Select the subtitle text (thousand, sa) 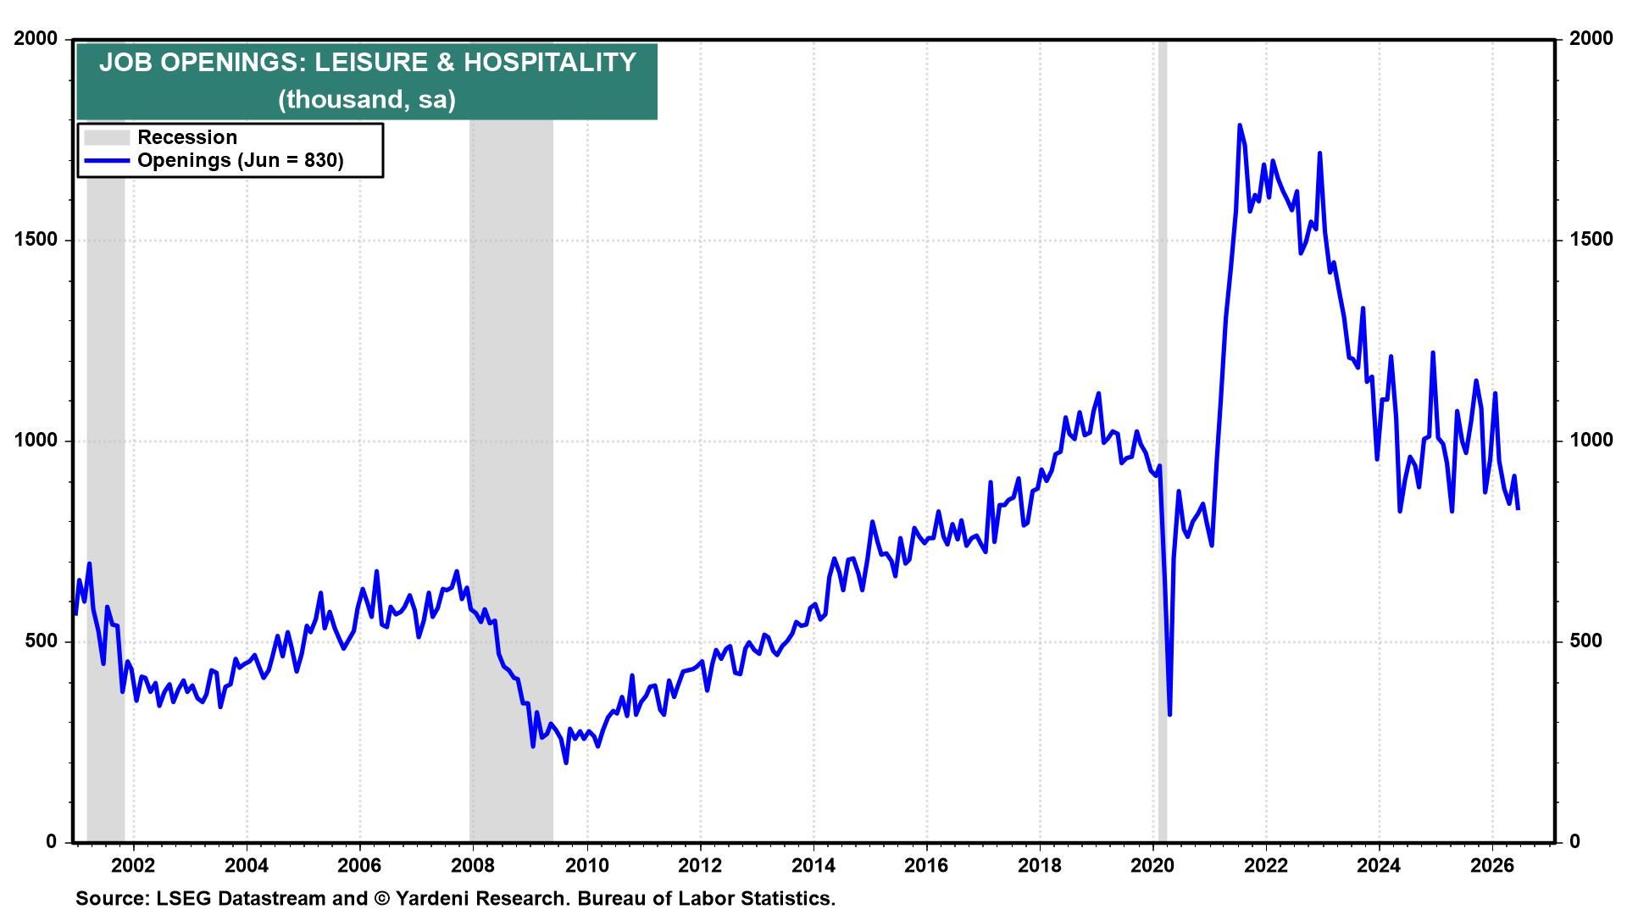point(367,99)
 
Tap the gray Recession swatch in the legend point(107,137)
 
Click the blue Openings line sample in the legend point(107,160)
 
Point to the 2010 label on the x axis point(586,866)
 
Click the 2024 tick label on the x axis point(1379,866)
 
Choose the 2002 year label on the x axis point(133,866)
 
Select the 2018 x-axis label point(1039,866)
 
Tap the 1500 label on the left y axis point(36,240)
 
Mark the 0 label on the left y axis point(52,842)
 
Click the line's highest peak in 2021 point(1240,125)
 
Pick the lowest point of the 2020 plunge point(1169,714)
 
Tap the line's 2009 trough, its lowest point point(566,762)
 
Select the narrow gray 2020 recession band point(1163,441)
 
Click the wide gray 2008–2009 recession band point(511,441)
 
